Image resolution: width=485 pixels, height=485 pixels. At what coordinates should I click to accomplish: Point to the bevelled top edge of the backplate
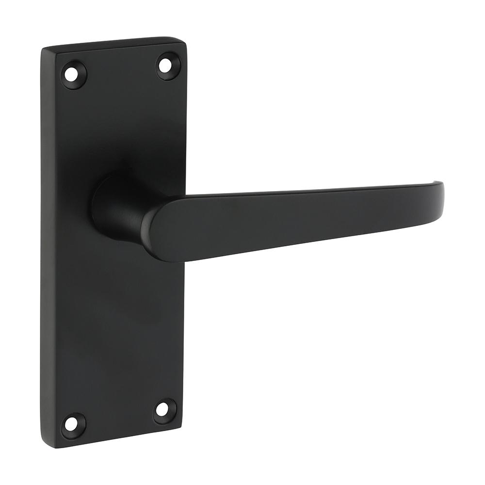pyautogui.click(x=114, y=43)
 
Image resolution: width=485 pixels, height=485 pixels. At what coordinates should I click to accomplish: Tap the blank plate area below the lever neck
pyautogui.click(x=116, y=315)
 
